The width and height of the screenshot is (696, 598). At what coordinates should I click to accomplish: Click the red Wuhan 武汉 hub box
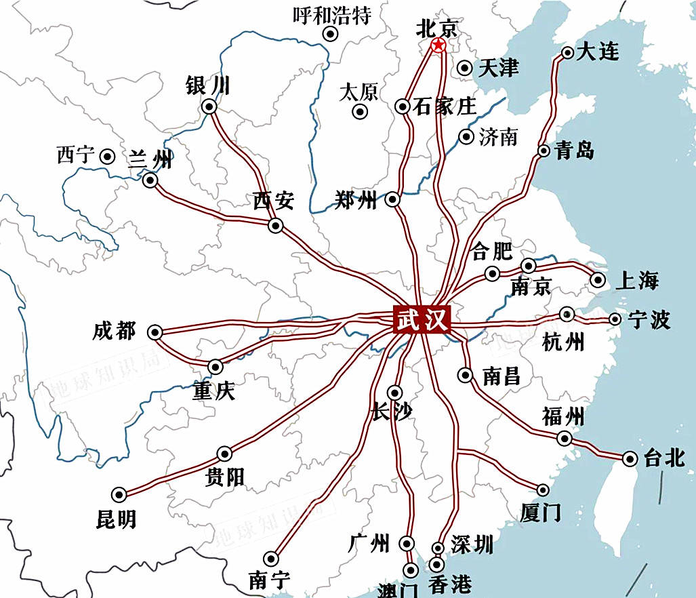[x=422, y=319]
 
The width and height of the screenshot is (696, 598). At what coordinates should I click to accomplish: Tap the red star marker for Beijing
[x=438, y=46]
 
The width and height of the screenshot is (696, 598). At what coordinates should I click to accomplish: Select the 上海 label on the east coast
[x=636, y=280]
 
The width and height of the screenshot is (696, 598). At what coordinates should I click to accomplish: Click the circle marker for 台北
[x=630, y=460]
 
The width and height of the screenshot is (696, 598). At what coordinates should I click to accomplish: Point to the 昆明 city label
[x=116, y=519]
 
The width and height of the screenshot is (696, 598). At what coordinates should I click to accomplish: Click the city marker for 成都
[x=155, y=332]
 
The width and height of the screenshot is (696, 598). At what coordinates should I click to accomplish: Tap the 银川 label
[x=207, y=86]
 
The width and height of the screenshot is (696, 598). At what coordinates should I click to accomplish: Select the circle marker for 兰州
[x=150, y=180]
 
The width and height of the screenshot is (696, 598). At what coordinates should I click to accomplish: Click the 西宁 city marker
[x=107, y=157]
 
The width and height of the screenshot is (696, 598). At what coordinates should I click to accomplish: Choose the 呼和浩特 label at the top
[x=332, y=15]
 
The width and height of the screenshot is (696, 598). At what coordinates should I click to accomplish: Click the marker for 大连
[x=568, y=53]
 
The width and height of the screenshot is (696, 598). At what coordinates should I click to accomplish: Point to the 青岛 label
[x=574, y=151]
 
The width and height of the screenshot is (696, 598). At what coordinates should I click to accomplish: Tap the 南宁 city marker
[x=271, y=558]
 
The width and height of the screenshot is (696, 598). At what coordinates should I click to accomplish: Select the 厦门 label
[x=540, y=513]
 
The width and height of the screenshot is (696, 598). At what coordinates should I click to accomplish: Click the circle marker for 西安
[x=275, y=226]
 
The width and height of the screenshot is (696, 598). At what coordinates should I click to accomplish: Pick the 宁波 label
[x=649, y=319]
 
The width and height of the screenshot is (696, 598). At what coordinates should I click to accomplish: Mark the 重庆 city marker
[x=216, y=367]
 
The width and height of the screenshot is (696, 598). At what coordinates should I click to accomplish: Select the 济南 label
[x=498, y=137]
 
